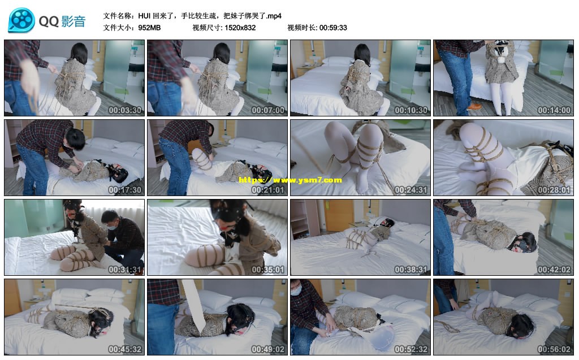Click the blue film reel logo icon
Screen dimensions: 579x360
[x=21, y=20]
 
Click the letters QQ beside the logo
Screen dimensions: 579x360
[x=49, y=21]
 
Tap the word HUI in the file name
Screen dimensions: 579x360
[x=144, y=16]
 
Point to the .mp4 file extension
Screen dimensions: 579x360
[x=274, y=16]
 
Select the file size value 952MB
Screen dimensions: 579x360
[x=149, y=28]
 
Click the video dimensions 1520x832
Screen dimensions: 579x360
[x=240, y=28]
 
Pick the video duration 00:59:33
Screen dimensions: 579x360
[x=333, y=28]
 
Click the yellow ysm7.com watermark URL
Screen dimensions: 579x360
[x=290, y=180]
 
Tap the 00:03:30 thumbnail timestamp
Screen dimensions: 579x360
[x=125, y=110]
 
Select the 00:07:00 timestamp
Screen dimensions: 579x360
[x=268, y=110]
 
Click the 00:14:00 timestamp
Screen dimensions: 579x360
[x=554, y=110]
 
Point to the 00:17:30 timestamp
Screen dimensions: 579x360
[x=125, y=190]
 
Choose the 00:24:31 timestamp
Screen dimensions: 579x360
[x=411, y=190]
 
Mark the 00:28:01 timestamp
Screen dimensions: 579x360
[x=554, y=190]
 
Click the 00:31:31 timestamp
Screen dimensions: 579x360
[x=125, y=270]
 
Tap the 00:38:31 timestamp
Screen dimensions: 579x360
[x=411, y=270]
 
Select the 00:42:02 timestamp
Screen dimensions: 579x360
[x=554, y=270]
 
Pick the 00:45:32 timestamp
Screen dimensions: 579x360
[x=125, y=349]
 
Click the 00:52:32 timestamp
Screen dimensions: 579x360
[x=411, y=349]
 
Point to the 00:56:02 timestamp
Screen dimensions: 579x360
[x=554, y=349]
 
